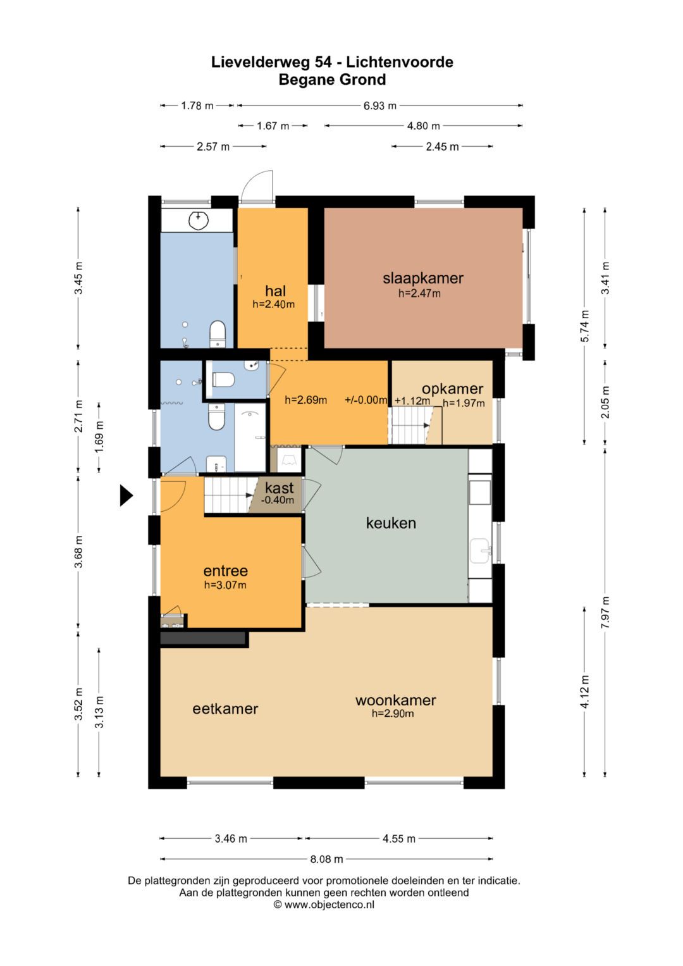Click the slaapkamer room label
tap(423, 278)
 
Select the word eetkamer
tap(225, 709)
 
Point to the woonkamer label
tap(395, 700)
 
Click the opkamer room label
tap(452, 389)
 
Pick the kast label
tap(280, 488)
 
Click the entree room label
tap(226, 571)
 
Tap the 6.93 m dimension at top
tap(380, 106)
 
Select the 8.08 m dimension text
tap(326, 859)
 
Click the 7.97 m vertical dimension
tap(605, 612)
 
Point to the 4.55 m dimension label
tap(399, 838)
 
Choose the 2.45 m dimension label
tap(443, 147)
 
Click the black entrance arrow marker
tap(126, 495)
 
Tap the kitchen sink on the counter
tap(481, 551)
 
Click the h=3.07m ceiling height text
tap(225, 585)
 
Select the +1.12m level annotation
tap(412, 400)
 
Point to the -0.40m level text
tap(278, 500)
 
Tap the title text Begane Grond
tap(332, 80)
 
